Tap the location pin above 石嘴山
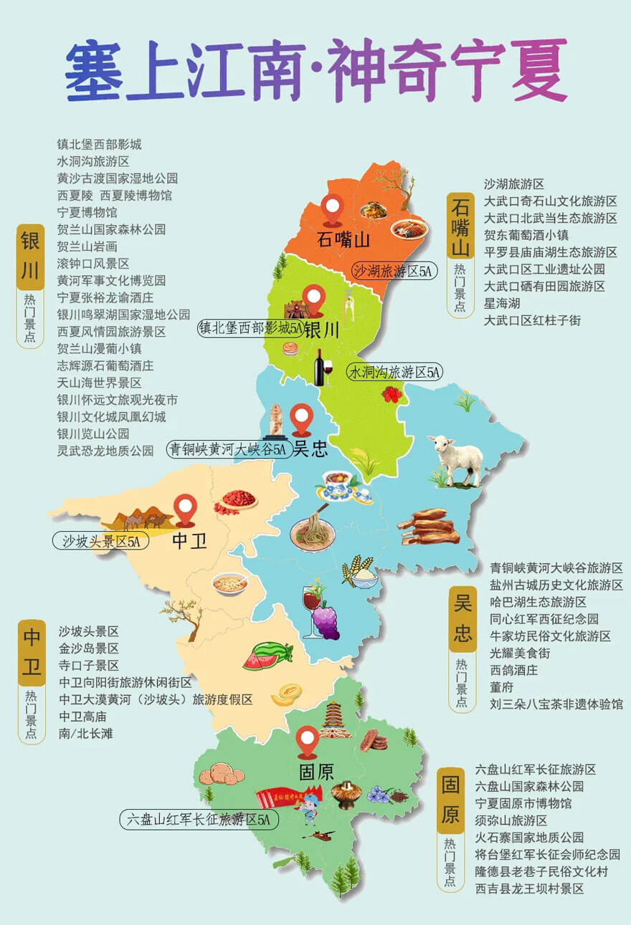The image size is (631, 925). pos(332,209)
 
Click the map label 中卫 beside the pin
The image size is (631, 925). pos(189,541)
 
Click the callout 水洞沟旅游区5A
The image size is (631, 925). pos(395,373)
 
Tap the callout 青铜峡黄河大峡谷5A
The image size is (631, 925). pos(228,449)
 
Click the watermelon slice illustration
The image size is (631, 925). pos(268,656)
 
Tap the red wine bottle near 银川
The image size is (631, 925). pos(320,367)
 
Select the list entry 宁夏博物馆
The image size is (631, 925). pos(87,212)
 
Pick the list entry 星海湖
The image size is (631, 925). pos(502,303)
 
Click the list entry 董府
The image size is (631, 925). pos(501,687)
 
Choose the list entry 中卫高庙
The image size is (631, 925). pos(82,716)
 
